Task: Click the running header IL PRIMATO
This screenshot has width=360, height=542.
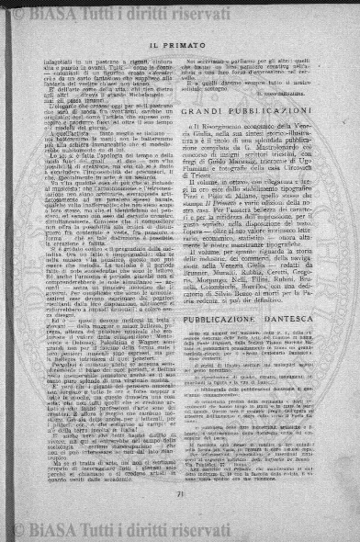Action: tap(179, 42)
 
